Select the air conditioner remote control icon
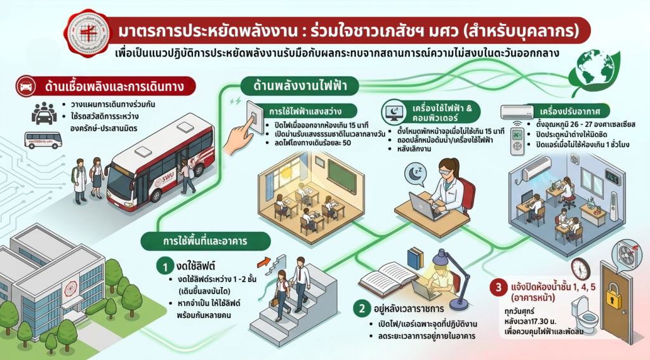[x=517, y=141]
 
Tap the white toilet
[x=583, y=317]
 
